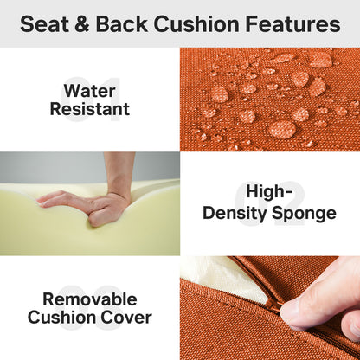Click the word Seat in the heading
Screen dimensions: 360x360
pos(44,24)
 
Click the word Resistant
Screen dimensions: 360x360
pos(90,110)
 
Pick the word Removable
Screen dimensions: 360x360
pos(90,299)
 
